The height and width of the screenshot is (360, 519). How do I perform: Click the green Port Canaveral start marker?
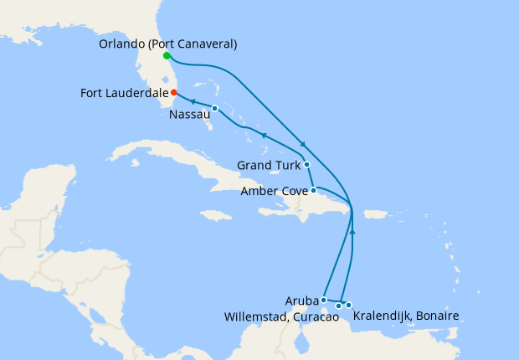tap(167, 56)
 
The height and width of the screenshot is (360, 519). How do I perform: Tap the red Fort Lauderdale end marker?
tap(174, 93)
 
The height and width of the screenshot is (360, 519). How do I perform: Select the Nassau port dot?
tap(215, 109)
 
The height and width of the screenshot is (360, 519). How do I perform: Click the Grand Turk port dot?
tap(306, 164)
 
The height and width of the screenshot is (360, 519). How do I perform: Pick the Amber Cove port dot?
tap(313, 191)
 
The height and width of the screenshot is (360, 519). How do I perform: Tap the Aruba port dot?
tap(324, 299)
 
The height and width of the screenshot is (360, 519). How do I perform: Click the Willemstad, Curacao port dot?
tap(338, 306)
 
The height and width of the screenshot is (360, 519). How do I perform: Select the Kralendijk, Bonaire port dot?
tap(349, 305)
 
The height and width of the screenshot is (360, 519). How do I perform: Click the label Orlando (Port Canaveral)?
tap(167, 44)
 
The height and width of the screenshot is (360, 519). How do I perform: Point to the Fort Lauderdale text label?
tap(124, 93)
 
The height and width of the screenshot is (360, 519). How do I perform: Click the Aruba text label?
tap(301, 300)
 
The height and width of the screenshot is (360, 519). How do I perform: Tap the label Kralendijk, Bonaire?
tap(406, 316)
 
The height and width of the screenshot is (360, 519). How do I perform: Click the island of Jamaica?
tap(216, 215)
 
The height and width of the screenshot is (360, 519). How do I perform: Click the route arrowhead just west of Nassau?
tap(194, 102)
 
